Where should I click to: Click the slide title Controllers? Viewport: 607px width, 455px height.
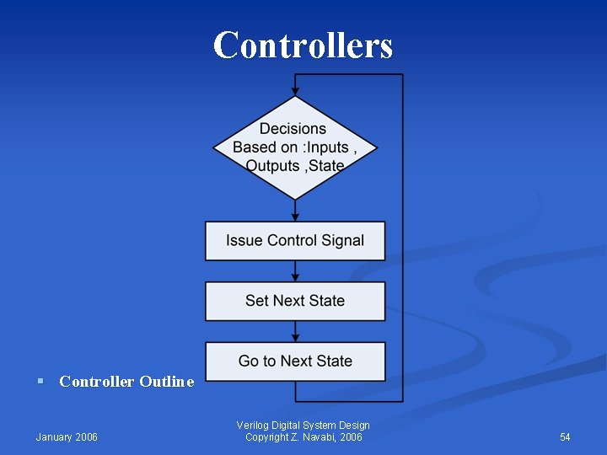click(x=303, y=45)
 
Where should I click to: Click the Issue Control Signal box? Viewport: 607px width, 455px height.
click(x=295, y=241)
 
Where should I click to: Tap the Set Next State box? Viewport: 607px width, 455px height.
click(x=295, y=301)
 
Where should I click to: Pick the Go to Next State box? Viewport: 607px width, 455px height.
click(x=295, y=361)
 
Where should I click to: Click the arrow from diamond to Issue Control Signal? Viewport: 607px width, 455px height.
click(x=295, y=211)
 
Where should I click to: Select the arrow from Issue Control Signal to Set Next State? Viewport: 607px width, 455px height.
click(x=295, y=271)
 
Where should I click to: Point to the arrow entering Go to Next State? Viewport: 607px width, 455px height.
click(x=295, y=332)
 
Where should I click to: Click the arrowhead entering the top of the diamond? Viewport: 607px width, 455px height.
click(x=295, y=90)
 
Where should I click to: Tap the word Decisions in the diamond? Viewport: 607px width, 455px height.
click(x=293, y=129)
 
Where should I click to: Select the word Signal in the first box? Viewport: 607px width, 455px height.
click(x=341, y=241)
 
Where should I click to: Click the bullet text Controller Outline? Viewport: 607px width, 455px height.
click(x=126, y=382)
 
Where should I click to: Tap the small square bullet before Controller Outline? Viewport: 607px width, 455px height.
click(x=40, y=382)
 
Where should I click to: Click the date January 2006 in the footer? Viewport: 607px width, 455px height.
click(x=67, y=436)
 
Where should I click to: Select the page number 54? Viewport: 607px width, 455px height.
click(x=565, y=436)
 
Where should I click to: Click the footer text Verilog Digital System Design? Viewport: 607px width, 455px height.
click(x=303, y=426)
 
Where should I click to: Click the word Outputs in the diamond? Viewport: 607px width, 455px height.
click(x=272, y=166)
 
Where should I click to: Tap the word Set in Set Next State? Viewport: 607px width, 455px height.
click(x=256, y=301)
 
